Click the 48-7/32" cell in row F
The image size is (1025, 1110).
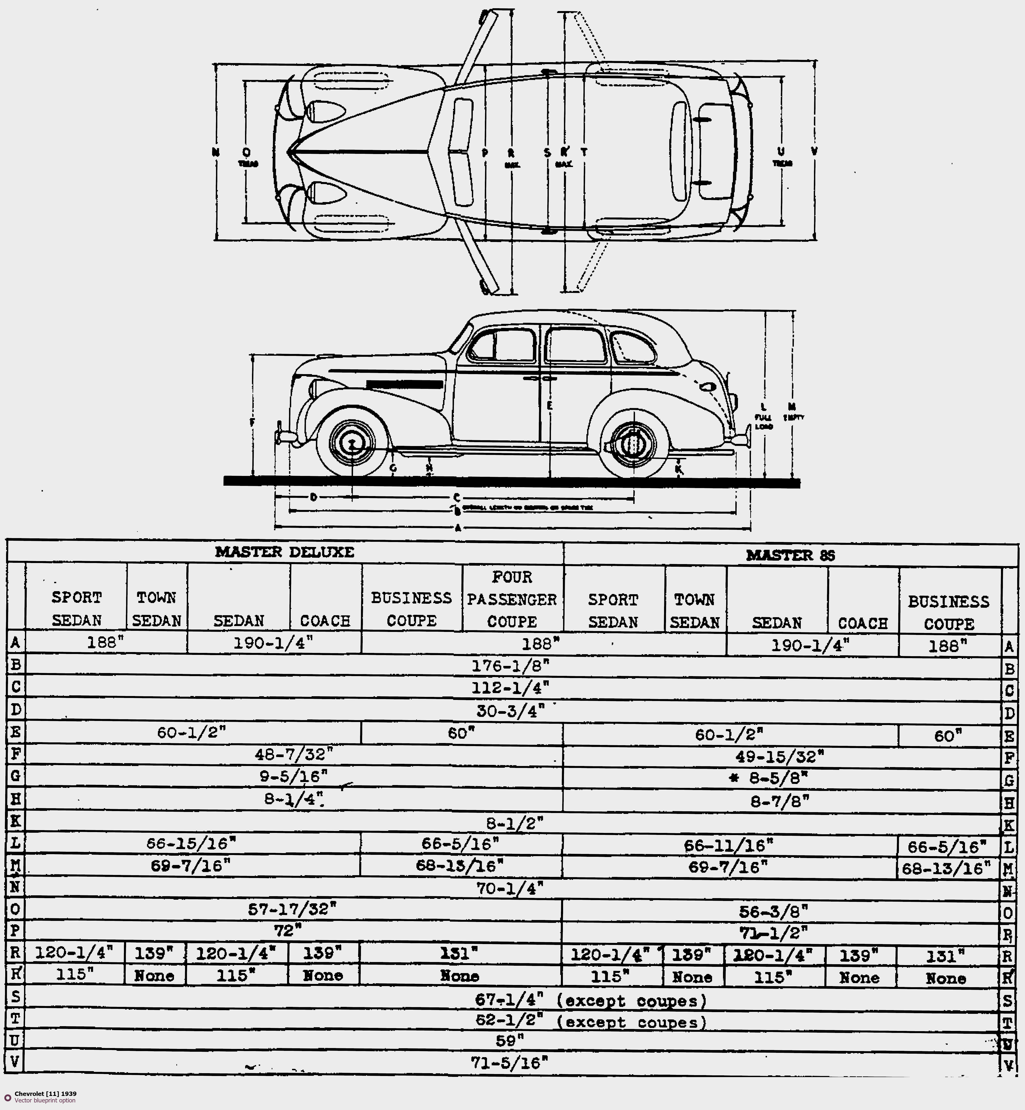coord(293,754)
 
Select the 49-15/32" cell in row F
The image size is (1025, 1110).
coord(779,756)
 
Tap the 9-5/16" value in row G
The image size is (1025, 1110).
coord(293,776)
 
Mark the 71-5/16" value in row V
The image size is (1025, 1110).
coord(509,1062)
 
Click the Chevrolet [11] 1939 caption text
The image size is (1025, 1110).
coord(45,1094)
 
